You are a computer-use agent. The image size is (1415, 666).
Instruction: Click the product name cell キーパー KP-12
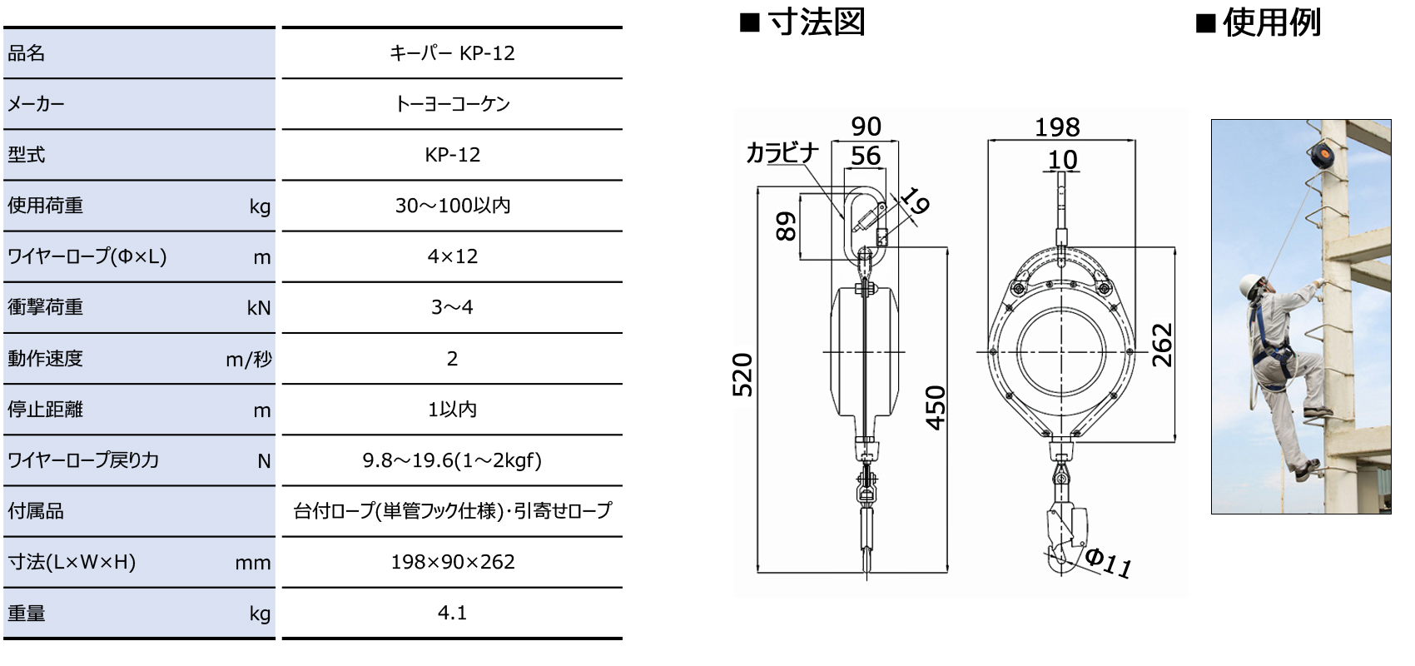(x=452, y=53)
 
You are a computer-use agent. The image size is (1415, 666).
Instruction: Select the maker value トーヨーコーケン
(x=452, y=104)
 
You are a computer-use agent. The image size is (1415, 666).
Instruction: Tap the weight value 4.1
(x=452, y=613)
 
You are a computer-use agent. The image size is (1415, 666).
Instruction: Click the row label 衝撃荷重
(x=46, y=307)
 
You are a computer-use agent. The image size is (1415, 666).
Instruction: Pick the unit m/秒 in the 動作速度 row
(x=248, y=360)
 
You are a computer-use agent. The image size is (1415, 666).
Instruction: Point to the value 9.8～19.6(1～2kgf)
(x=452, y=460)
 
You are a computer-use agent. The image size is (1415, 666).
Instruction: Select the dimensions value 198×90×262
(x=452, y=562)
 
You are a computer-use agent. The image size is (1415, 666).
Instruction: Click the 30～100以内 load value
(x=452, y=206)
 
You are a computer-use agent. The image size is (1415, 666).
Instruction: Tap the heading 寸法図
(x=816, y=22)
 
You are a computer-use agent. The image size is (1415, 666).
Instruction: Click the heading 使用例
(x=1271, y=22)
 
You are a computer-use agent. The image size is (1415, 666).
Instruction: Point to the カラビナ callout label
(x=782, y=153)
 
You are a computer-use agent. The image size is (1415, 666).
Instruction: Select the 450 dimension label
(x=936, y=407)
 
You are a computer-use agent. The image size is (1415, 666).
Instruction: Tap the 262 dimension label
(x=1162, y=345)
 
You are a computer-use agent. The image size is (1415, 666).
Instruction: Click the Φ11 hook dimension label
(x=1108, y=563)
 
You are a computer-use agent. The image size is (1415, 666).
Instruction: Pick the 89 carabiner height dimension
(x=786, y=226)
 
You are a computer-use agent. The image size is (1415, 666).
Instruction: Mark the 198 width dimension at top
(x=1057, y=127)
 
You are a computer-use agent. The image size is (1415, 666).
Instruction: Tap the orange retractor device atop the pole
(x=1317, y=154)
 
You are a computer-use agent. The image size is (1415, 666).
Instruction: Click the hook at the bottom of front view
(x=1063, y=537)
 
